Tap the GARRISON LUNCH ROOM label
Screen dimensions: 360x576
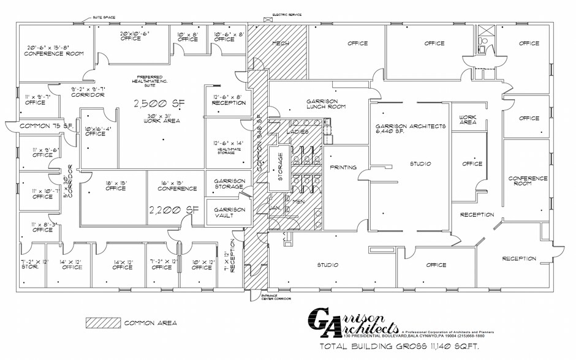point(327,104)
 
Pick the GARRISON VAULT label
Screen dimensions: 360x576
point(229,212)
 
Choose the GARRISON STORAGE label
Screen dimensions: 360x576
point(229,184)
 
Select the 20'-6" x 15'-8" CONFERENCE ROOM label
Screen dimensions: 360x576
point(54,50)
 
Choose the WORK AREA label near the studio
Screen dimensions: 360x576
point(468,119)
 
